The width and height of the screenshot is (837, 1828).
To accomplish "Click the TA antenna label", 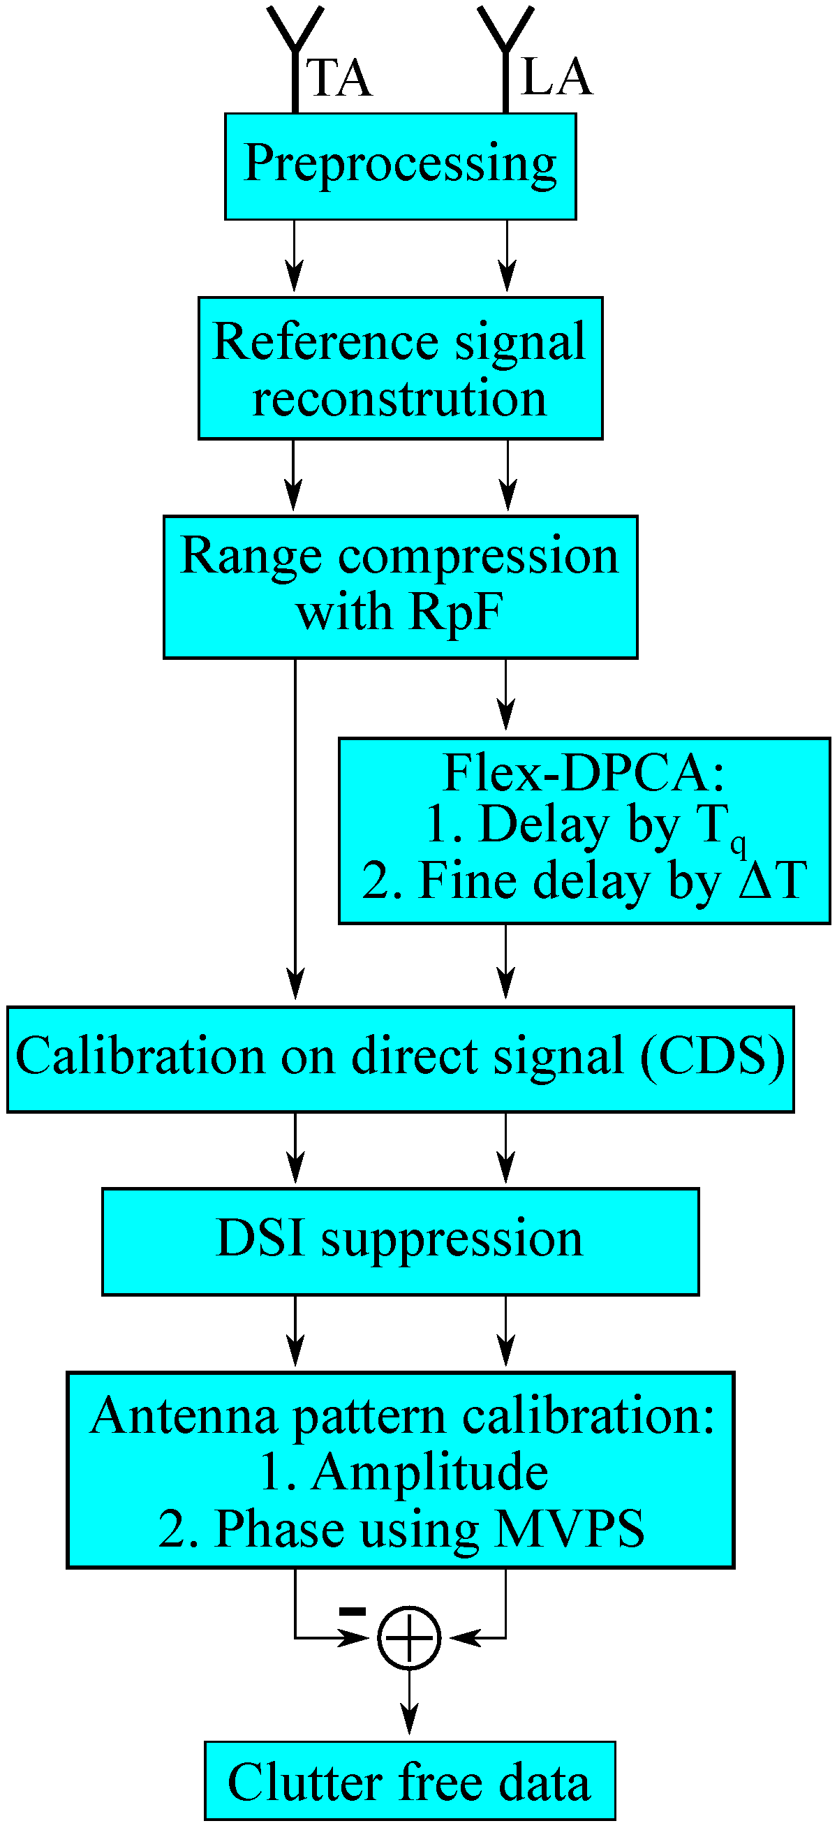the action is point(340,78).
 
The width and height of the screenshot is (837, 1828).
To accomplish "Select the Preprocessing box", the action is point(400,166).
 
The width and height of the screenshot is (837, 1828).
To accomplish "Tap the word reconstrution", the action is point(399,398).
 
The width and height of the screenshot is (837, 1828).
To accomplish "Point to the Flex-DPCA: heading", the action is point(583,773).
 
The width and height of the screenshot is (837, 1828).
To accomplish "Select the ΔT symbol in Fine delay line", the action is point(772,880).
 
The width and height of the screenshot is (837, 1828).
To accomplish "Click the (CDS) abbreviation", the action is point(712,1056).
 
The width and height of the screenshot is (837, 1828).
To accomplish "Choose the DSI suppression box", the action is point(400,1240).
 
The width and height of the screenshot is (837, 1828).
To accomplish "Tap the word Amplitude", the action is point(430,1471).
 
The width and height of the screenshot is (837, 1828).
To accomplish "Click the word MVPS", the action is point(570,1528).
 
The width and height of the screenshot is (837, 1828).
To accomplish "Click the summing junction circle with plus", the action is point(409,1637).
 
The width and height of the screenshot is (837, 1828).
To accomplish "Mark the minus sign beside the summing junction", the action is point(353,1612).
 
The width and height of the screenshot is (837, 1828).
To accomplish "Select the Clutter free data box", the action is point(409,1781).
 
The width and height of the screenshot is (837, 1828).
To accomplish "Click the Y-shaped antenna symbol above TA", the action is point(295,36).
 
